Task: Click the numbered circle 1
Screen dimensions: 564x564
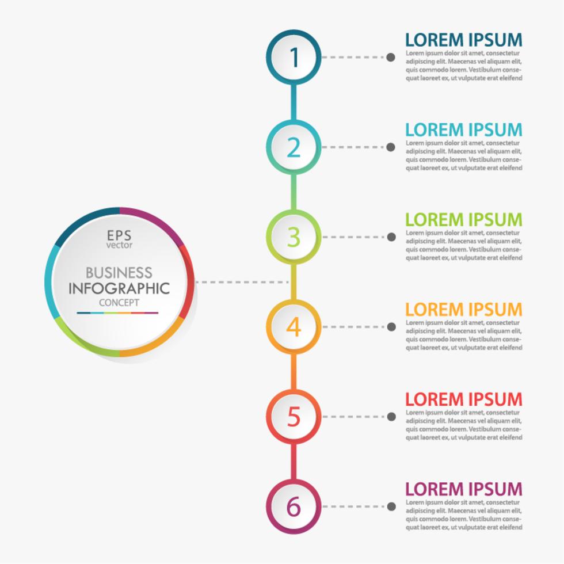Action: tap(294, 57)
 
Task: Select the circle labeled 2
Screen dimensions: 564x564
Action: tap(294, 147)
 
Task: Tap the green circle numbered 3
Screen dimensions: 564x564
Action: tap(294, 237)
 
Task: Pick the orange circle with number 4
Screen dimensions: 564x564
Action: tap(294, 326)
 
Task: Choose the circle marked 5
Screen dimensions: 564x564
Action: tap(294, 416)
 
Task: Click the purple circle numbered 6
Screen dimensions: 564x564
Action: tap(294, 506)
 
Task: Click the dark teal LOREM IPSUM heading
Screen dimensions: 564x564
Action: tap(463, 40)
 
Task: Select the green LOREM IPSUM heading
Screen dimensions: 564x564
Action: tap(463, 219)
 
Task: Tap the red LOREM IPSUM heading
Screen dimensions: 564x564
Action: tap(463, 399)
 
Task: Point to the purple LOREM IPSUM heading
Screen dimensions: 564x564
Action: tap(463, 489)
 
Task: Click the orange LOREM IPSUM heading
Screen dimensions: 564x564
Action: tap(463, 309)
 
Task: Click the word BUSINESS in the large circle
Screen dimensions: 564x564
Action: tap(119, 272)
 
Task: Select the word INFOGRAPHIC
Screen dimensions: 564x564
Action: tap(119, 288)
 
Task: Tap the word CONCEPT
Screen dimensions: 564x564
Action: tap(119, 303)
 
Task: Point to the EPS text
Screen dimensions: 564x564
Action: tap(119, 235)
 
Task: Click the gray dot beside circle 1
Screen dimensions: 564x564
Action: tap(391, 57)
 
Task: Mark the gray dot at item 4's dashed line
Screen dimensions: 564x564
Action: tap(391, 326)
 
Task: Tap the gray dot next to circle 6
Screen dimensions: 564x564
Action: tap(391, 506)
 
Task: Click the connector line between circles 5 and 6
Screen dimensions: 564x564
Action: tap(294, 462)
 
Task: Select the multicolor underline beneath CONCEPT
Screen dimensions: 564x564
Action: tap(117, 313)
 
